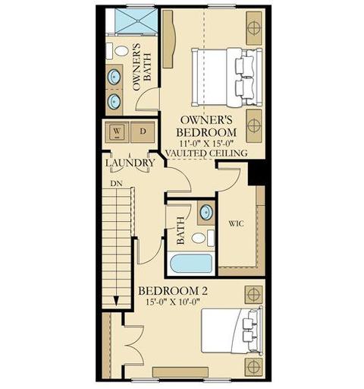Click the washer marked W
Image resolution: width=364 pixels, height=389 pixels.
(x=117, y=131)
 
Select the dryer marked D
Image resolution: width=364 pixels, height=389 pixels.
(x=143, y=131)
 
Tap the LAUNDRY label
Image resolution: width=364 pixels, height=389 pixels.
(x=130, y=163)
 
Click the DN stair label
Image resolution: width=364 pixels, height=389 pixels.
(x=116, y=183)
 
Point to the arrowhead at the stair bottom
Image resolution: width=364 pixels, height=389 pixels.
(x=116, y=302)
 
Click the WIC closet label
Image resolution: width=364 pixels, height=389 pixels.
(x=237, y=223)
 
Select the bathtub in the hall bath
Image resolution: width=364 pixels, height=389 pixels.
(x=191, y=264)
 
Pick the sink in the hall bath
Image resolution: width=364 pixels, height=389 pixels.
(x=206, y=213)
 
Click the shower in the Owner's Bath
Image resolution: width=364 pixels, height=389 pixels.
(x=136, y=21)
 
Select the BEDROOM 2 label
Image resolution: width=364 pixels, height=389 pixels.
(x=173, y=291)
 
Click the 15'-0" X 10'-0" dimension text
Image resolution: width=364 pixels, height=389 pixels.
(x=173, y=302)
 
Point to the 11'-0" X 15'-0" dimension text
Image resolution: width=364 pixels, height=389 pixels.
(x=206, y=143)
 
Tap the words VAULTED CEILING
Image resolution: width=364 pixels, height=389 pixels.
(x=206, y=153)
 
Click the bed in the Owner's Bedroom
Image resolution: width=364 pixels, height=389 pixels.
(x=227, y=77)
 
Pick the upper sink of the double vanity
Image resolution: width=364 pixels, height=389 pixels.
(x=115, y=76)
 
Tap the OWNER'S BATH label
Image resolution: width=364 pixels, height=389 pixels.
(x=142, y=67)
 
